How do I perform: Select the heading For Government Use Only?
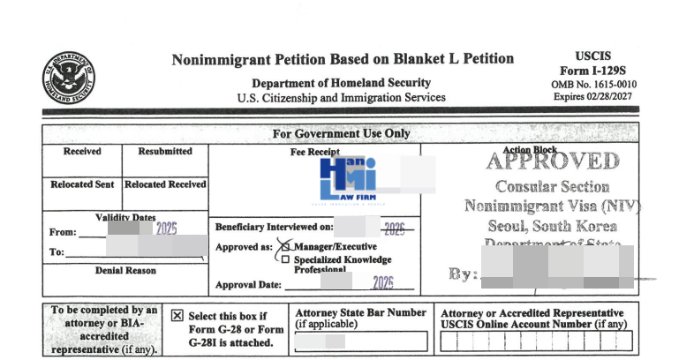[341, 133]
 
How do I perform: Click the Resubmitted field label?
[165, 151]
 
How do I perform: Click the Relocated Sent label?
[82, 184]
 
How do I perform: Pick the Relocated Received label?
[165, 184]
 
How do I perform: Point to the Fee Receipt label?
[314, 152]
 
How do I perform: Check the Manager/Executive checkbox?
[285, 246]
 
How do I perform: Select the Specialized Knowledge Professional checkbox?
[285, 259]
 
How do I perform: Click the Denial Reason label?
[124, 270]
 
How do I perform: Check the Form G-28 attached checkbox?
[177, 315]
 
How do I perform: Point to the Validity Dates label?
[124, 217]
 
